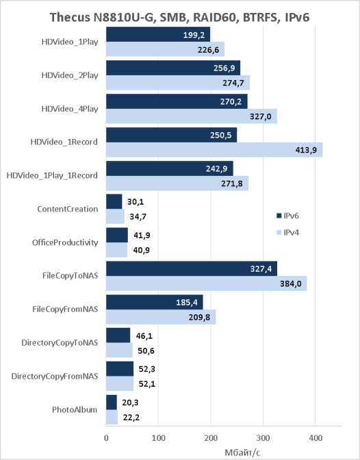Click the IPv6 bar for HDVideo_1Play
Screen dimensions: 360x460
coord(158,34)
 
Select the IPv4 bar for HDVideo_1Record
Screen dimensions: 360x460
coord(214,150)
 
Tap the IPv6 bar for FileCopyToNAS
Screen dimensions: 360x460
coord(192,268)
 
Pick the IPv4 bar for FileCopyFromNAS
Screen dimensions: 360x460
coord(161,317)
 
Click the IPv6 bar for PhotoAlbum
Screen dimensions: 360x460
coord(112,402)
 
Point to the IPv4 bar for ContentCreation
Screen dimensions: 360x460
coord(115,216)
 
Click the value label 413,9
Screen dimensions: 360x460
coord(306,150)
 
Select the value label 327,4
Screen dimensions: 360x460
coord(261,269)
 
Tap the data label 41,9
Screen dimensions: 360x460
coord(142,235)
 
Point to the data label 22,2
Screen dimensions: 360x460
coord(131,417)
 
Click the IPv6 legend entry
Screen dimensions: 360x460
coord(287,216)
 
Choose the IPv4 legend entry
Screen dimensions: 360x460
coord(287,233)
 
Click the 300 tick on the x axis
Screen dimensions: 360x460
coord(263,438)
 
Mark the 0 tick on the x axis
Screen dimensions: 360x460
coord(106,438)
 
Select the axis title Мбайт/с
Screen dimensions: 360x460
coord(242,452)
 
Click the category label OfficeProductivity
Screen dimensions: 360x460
coord(65,242)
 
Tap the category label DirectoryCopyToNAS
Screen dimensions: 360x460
coord(60,343)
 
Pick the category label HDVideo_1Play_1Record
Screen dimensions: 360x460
coord(52,175)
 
